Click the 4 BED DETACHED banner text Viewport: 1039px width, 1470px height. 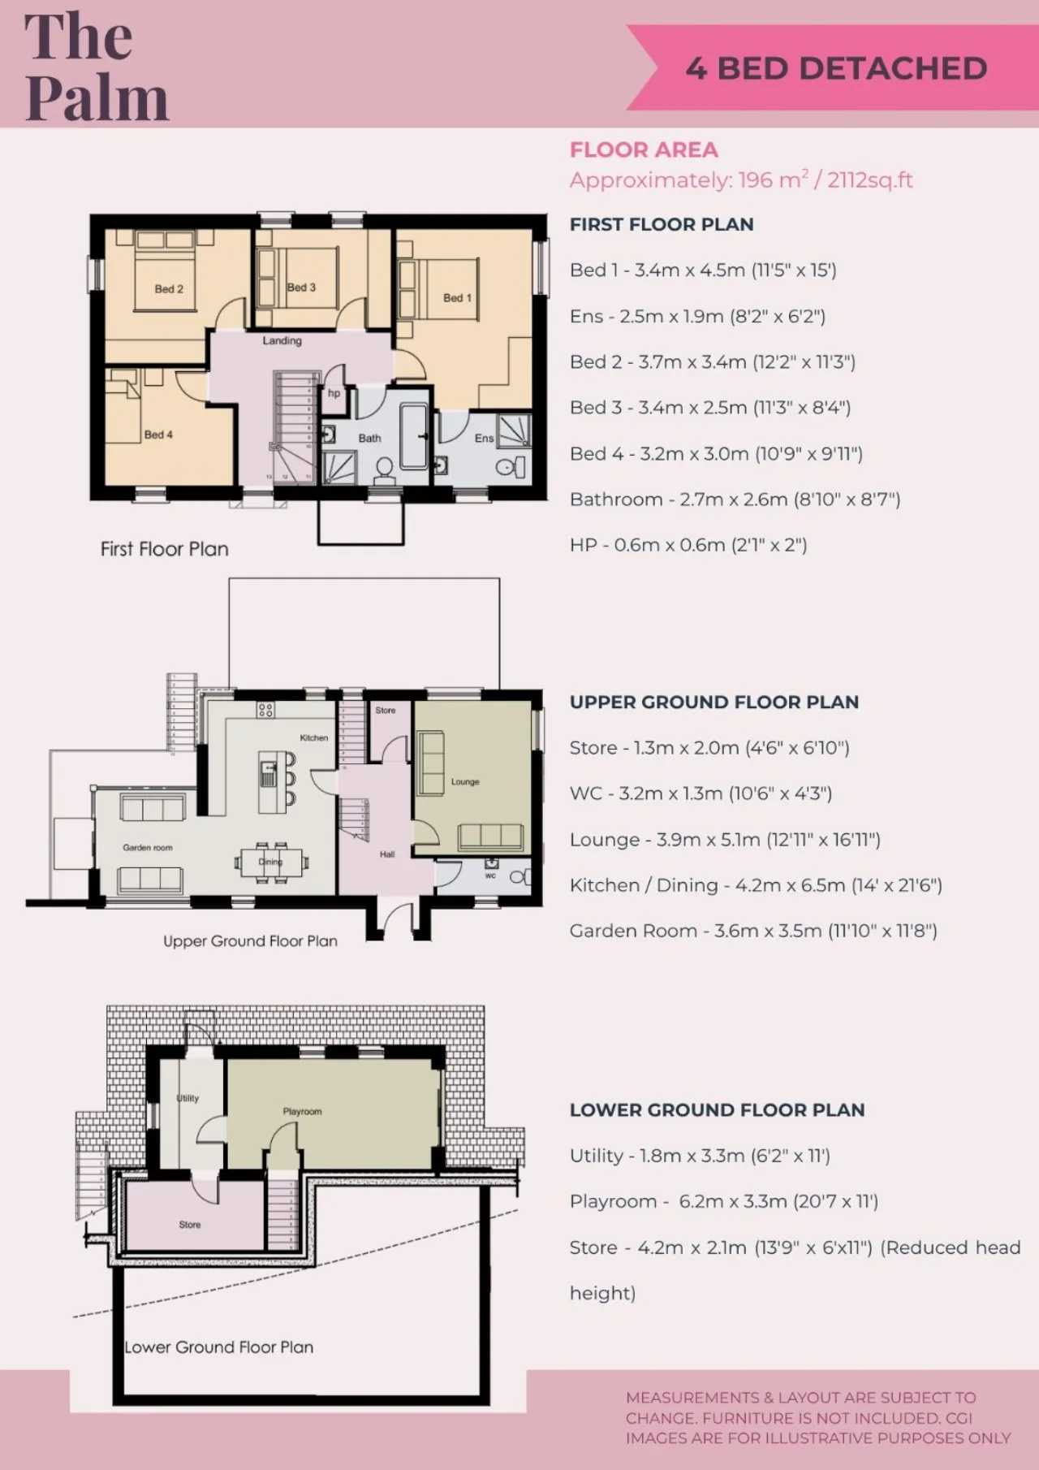point(836,68)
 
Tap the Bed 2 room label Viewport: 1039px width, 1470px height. point(169,289)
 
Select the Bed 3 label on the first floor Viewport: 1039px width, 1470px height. point(301,288)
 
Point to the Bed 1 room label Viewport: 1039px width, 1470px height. point(457,298)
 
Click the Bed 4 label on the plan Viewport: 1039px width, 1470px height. point(158,435)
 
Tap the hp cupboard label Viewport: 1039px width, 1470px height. point(334,393)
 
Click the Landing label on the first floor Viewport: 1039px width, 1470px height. point(282,341)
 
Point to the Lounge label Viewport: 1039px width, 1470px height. point(465,782)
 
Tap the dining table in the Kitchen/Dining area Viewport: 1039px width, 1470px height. point(271,862)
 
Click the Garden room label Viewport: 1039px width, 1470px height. point(148,848)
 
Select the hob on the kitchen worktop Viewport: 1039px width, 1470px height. point(265,711)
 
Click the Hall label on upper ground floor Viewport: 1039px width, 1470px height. point(387,854)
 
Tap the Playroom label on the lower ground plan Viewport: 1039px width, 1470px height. point(302,1111)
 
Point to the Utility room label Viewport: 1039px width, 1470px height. point(188,1098)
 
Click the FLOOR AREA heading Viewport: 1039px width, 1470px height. point(644,150)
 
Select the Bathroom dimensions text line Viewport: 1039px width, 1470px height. point(735,499)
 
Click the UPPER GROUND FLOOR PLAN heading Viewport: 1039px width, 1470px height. point(714,703)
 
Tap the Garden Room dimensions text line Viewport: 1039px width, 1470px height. point(753,931)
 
